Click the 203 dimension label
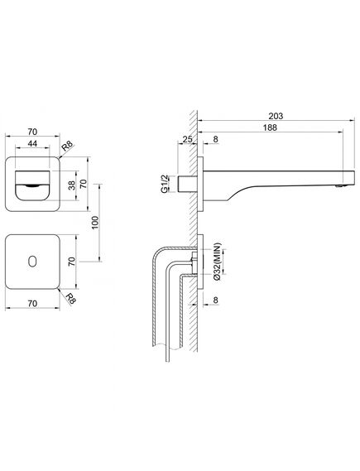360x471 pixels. tap(276, 116)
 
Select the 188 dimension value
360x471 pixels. tap(270, 127)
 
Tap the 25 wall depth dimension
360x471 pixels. tap(187, 139)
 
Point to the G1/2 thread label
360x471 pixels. tap(164, 183)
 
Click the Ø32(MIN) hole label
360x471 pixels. tap(218, 262)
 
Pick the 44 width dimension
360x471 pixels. tap(32, 143)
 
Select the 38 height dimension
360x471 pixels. tap(72, 185)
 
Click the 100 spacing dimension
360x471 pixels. tap(95, 223)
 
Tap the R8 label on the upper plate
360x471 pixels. tap(68, 147)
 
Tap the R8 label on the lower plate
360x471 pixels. tap(70, 299)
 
